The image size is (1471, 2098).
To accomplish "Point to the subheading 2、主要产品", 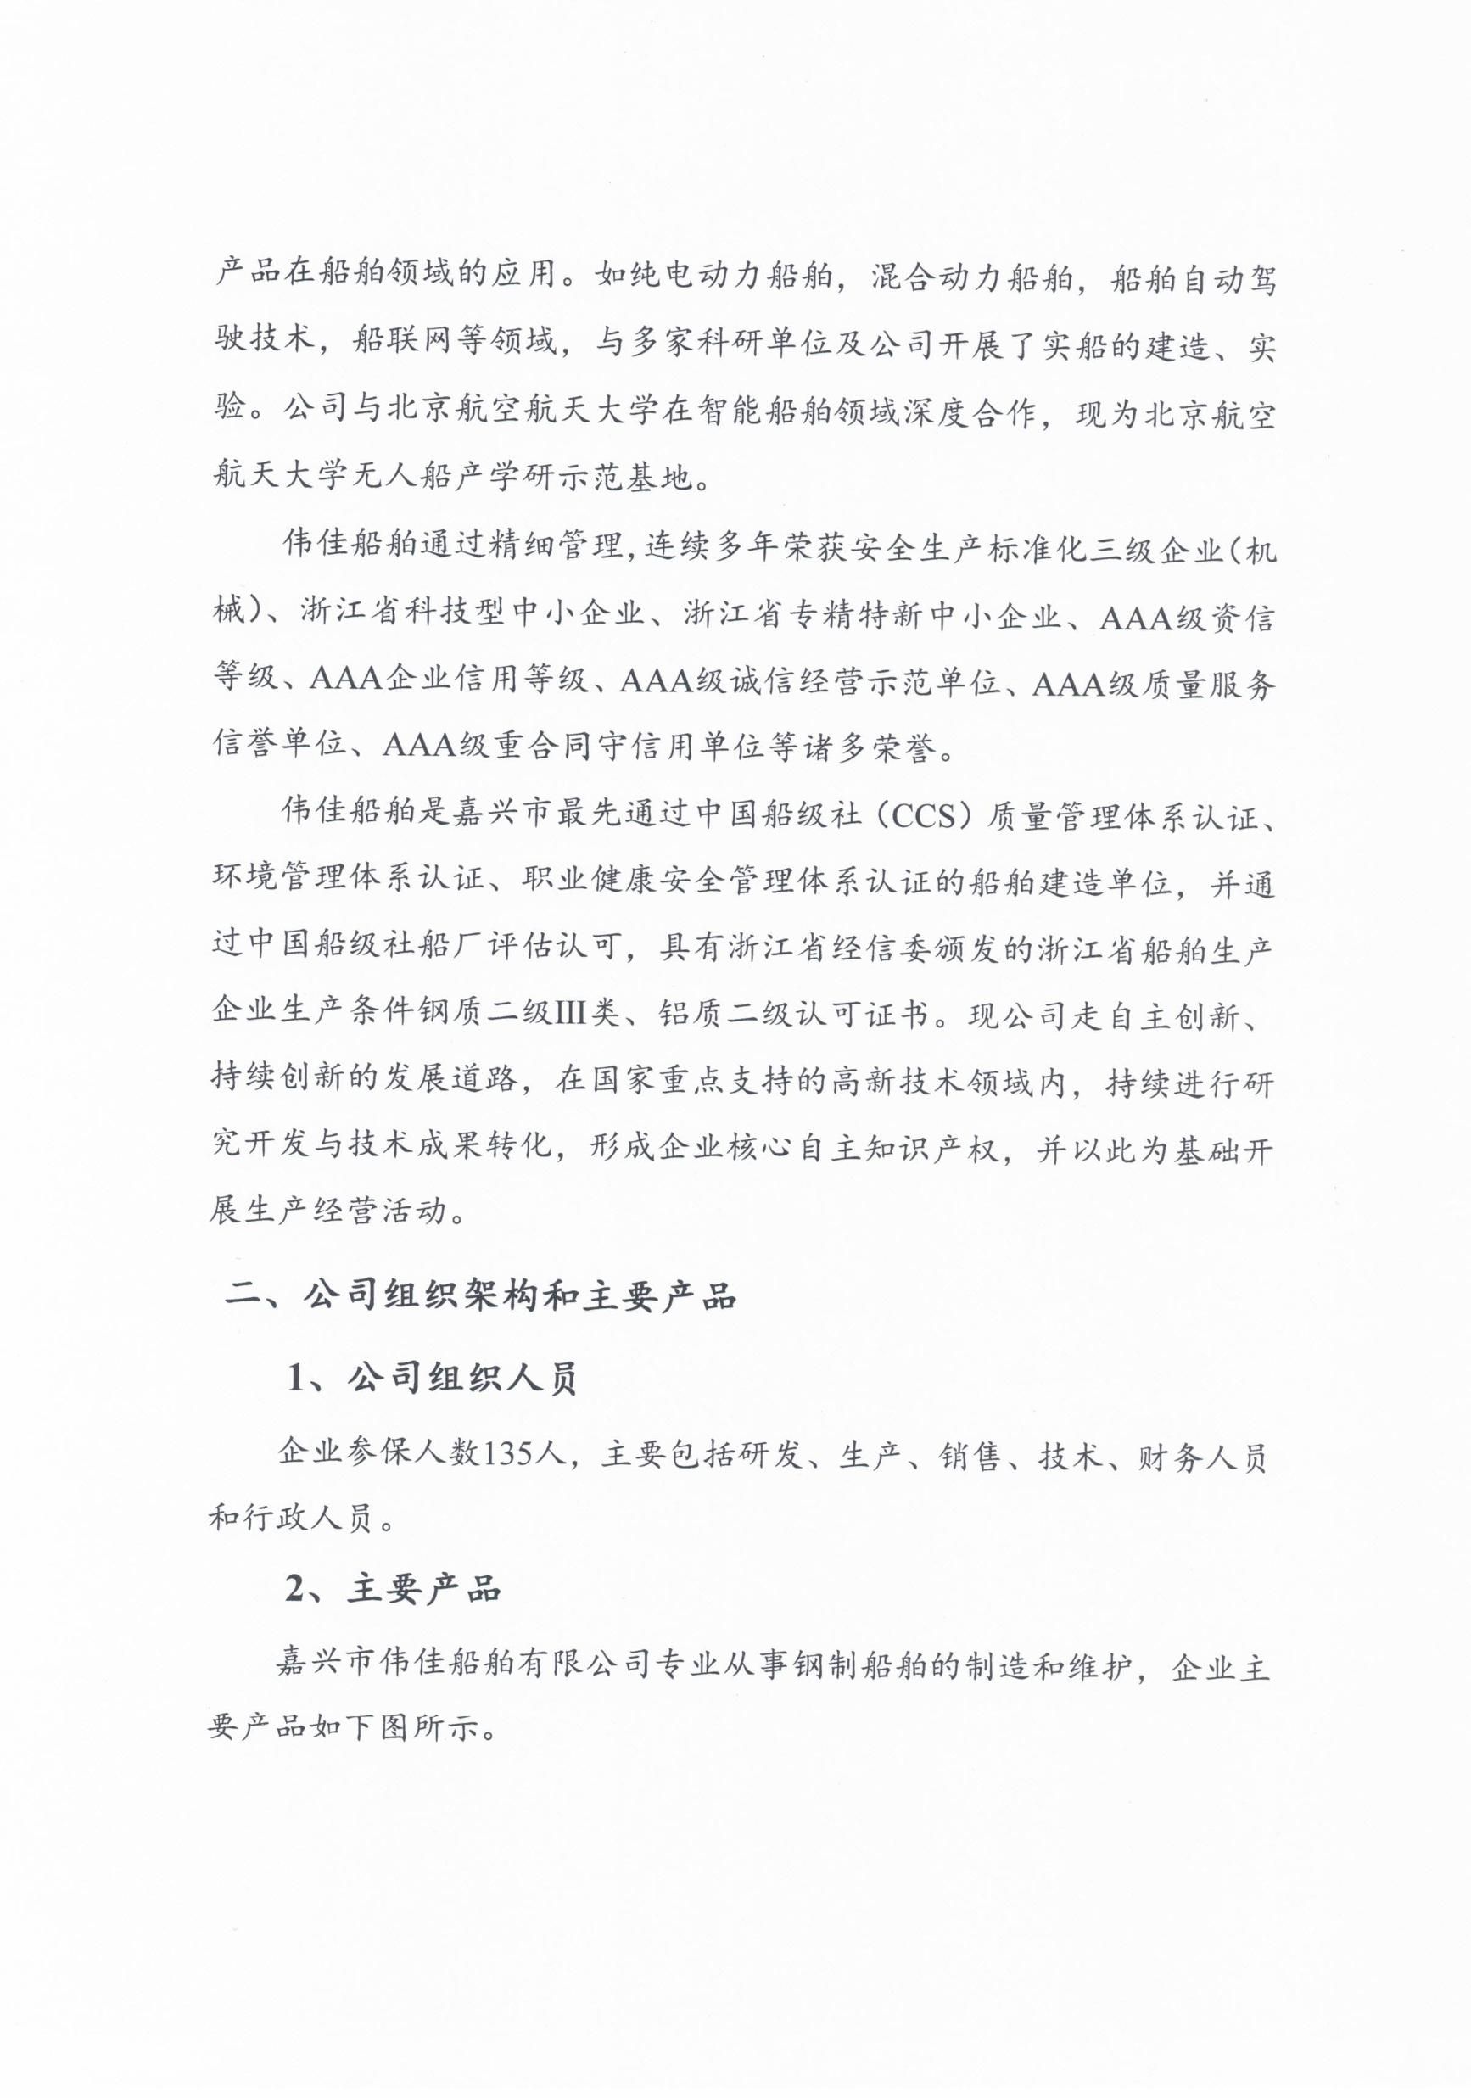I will point(394,1590).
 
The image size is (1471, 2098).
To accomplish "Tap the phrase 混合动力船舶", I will point(972,275).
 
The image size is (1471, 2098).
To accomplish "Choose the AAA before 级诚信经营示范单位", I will point(657,680).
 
